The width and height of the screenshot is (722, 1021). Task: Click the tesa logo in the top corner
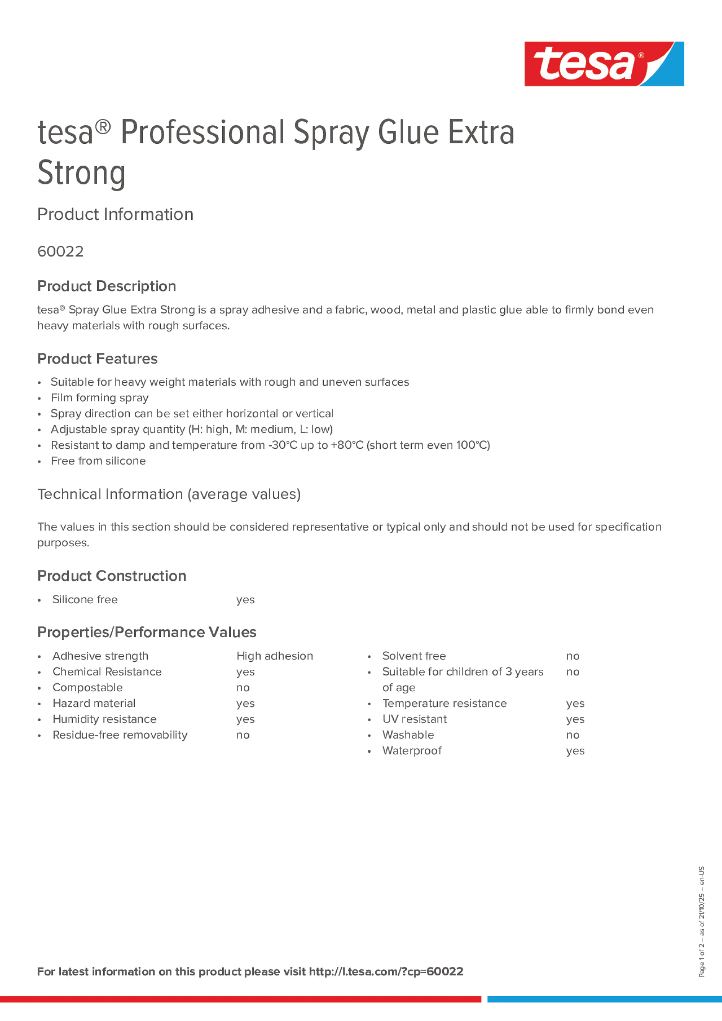pos(604,64)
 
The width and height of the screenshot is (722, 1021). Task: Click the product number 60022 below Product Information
pos(60,252)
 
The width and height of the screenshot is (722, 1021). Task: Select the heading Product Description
pos(106,286)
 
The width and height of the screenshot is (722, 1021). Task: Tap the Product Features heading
pos(98,359)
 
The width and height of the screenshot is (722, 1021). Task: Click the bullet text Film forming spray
pos(100,398)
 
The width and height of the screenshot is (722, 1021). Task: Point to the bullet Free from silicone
pos(98,461)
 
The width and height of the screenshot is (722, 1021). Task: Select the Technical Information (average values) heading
pos(169,495)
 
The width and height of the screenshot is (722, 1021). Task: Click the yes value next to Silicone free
pos(245,600)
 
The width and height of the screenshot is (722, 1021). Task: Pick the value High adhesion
pos(275,656)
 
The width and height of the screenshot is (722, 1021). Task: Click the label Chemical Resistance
pos(107,672)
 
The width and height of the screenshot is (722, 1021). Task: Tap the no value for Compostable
pos(243,688)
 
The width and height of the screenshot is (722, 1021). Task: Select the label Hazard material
pos(94,703)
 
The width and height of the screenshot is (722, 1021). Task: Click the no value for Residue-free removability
pos(243,735)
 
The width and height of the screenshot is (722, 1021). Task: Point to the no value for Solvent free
pos(572,656)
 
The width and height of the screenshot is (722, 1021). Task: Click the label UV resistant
pos(414,719)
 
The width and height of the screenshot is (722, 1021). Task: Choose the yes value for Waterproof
pos(575,751)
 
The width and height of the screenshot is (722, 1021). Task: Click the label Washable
pos(408,735)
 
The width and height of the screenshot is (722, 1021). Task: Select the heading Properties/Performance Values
pos(147,632)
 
